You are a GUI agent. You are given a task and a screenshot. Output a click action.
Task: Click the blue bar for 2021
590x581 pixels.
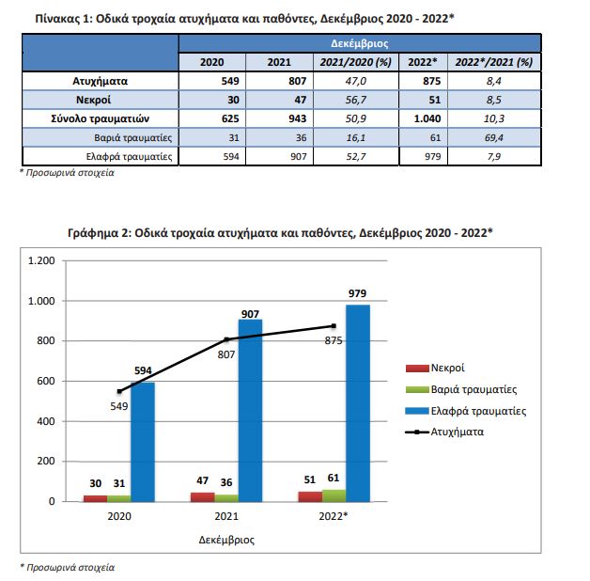point(250,411)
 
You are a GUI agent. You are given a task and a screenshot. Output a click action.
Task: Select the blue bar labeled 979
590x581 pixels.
point(357,403)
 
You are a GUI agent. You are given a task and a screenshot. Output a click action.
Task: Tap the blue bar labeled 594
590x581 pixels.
point(143,442)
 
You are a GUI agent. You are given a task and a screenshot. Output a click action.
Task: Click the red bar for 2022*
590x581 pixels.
point(310,496)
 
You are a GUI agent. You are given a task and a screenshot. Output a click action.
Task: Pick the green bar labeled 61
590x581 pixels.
point(334,495)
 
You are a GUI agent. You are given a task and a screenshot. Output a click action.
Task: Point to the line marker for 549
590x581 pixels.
point(119,392)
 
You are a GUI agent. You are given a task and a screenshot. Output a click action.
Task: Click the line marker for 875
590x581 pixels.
point(334,326)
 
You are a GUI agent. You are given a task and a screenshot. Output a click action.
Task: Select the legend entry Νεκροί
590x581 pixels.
point(435,368)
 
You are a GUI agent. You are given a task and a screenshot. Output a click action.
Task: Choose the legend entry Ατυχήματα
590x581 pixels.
point(444,432)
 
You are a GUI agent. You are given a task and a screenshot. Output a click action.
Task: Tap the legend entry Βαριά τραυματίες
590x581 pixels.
point(461,389)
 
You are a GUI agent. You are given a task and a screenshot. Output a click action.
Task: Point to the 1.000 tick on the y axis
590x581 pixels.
point(41,301)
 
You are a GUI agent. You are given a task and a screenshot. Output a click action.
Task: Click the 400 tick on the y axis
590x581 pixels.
point(45,421)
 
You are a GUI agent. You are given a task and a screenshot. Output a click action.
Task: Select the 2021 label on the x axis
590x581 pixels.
point(226,516)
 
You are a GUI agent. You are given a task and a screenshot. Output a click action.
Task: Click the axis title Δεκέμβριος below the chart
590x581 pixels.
point(226,540)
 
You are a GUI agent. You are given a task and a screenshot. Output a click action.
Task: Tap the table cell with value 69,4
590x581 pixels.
point(493,138)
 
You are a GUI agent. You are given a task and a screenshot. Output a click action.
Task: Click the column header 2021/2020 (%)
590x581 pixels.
point(355,62)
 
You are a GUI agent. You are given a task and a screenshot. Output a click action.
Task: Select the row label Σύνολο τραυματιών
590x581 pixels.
point(101,118)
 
